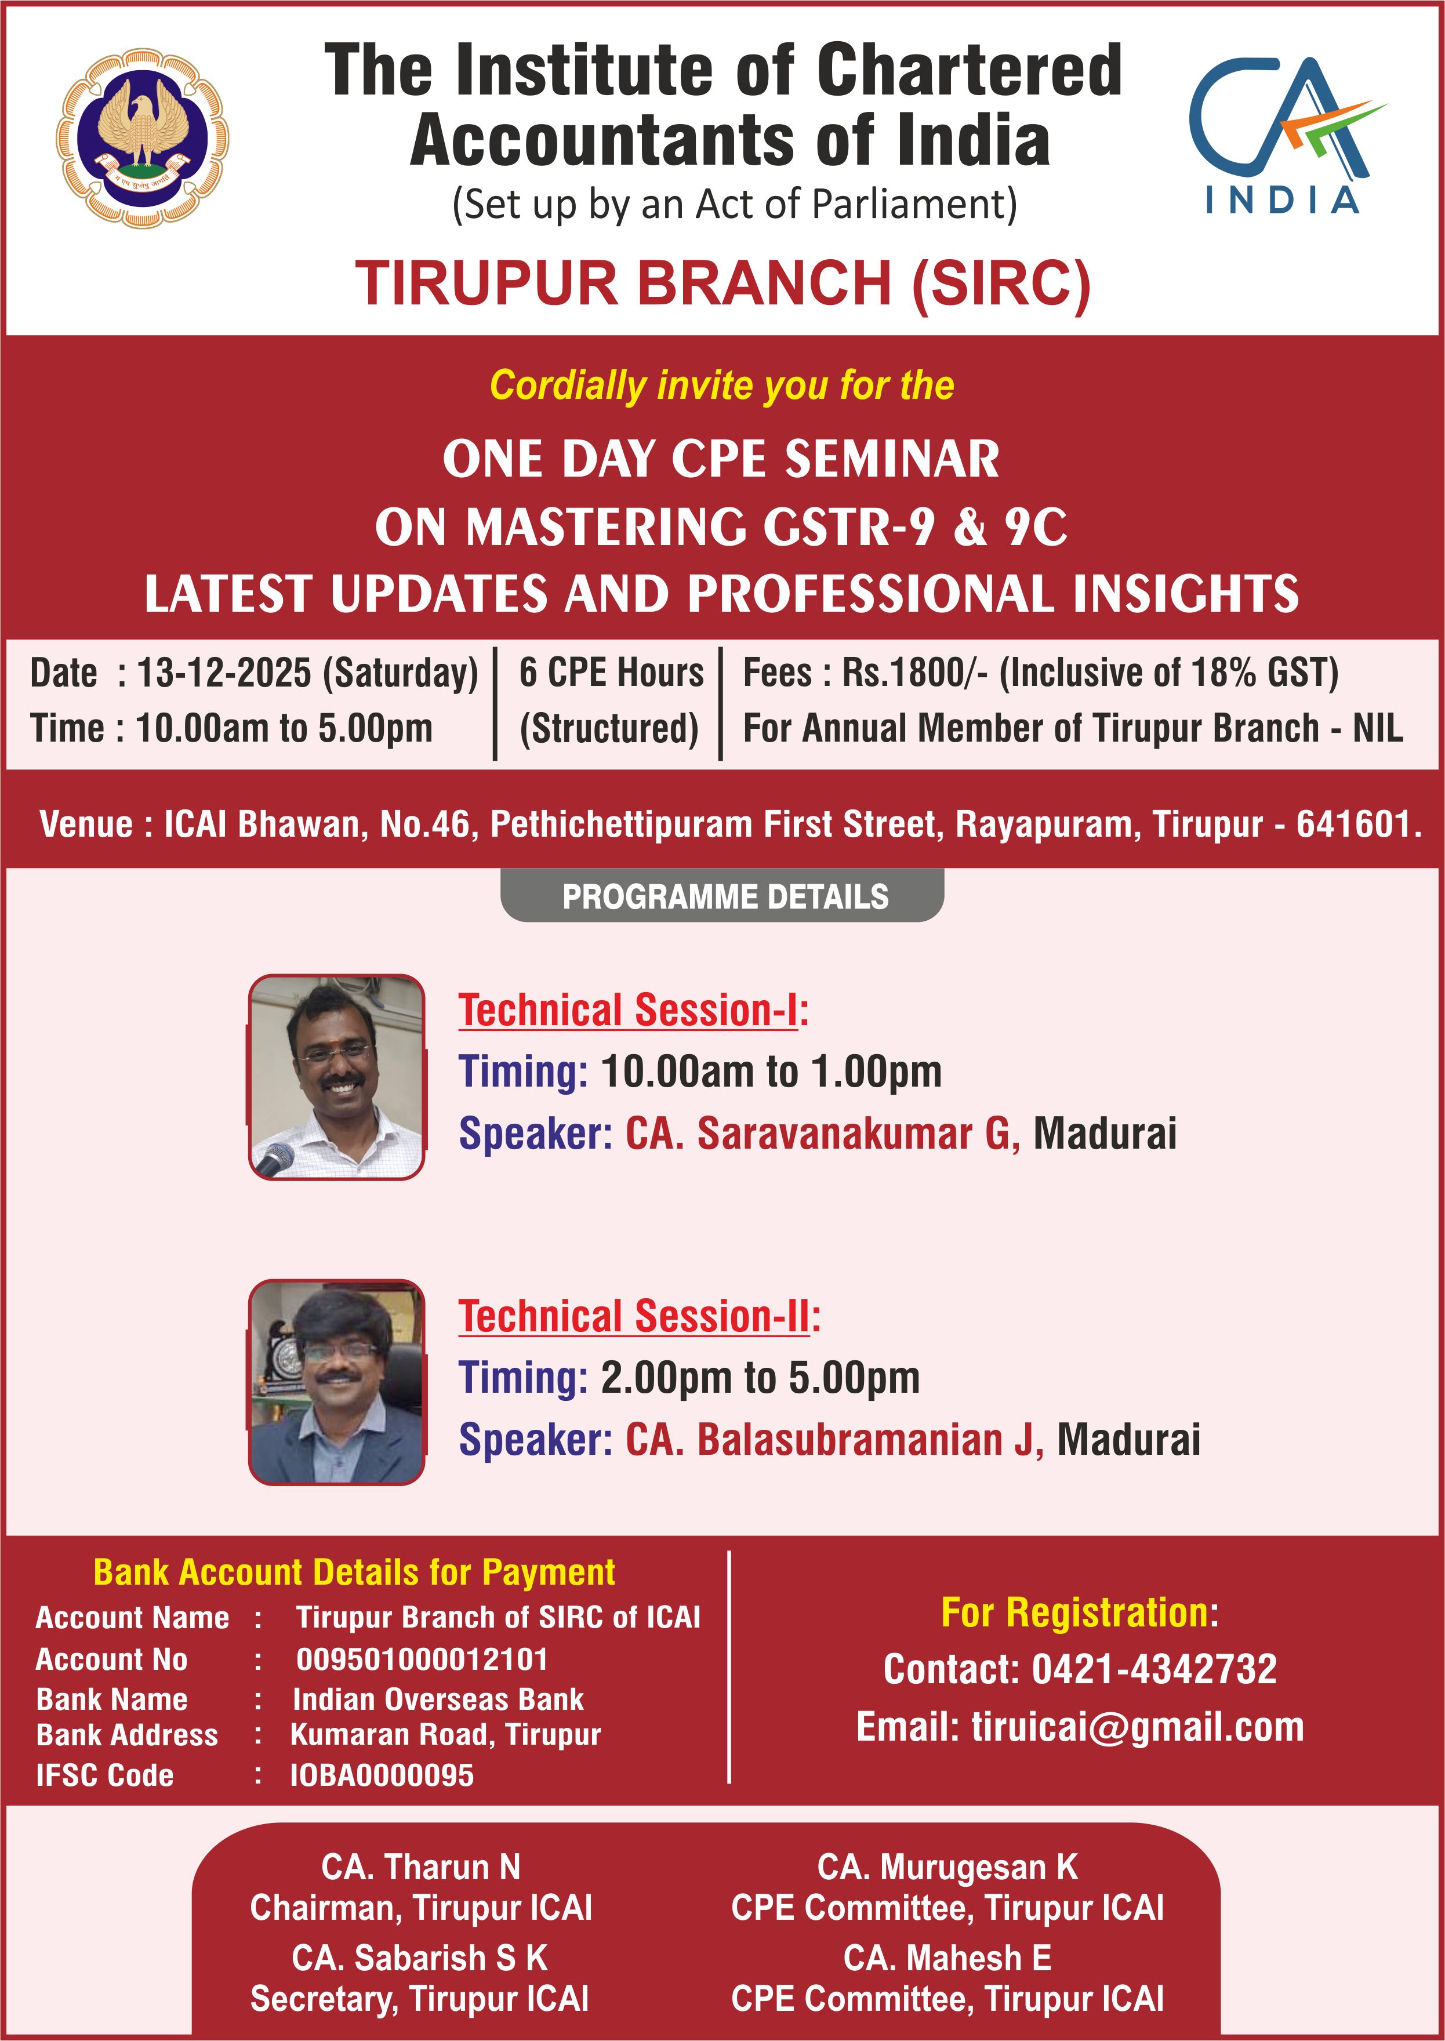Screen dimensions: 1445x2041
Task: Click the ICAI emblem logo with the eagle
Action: pyautogui.click(x=143, y=138)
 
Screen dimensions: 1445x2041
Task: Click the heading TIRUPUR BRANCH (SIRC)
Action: pyautogui.click(x=722, y=284)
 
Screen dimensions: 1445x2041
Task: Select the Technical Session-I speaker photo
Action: pyautogui.click(x=336, y=1077)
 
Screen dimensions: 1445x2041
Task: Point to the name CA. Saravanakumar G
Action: pyautogui.click(x=822, y=1134)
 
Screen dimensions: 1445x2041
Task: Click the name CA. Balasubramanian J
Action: pyautogui.click(x=834, y=1440)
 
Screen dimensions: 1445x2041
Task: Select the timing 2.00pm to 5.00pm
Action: pyautogui.click(x=760, y=1377)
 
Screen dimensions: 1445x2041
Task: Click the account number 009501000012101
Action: pyautogui.click(x=422, y=1659)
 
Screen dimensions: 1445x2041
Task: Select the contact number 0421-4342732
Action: pyautogui.click(x=1153, y=1669)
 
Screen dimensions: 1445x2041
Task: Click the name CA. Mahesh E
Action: pyautogui.click(x=947, y=1958)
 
